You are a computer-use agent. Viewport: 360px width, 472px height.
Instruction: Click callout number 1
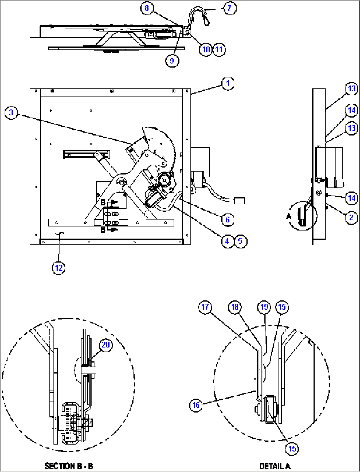pyautogui.click(x=228, y=83)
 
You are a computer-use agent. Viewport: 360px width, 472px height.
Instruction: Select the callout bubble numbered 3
pyautogui.click(x=11, y=113)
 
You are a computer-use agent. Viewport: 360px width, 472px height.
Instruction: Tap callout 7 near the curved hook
pyautogui.click(x=230, y=8)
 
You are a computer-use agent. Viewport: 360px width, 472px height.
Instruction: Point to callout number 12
pyautogui.click(x=59, y=268)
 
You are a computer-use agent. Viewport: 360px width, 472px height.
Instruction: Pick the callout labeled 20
pyautogui.click(x=106, y=345)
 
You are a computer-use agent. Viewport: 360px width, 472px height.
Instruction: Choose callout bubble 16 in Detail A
pyautogui.click(x=196, y=405)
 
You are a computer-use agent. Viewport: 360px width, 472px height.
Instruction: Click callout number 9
pyautogui.click(x=172, y=61)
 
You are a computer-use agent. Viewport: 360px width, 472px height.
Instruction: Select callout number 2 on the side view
pyautogui.click(x=351, y=217)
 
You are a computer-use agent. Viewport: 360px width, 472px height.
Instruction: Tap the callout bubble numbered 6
pyautogui.click(x=228, y=219)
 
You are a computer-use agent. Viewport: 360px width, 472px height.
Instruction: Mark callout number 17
pyautogui.click(x=205, y=307)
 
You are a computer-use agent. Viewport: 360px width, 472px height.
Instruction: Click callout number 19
pyautogui.click(x=264, y=307)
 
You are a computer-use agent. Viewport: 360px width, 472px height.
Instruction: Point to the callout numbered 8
pyautogui.click(x=147, y=8)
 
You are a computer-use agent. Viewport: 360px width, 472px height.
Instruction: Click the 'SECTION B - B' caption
pyautogui.click(x=69, y=466)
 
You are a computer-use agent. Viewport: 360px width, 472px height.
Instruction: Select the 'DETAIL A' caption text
pyautogui.click(x=274, y=466)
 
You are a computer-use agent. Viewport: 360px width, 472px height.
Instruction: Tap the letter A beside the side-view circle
pyautogui.click(x=289, y=216)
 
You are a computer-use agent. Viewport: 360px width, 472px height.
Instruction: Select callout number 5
pyautogui.click(x=240, y=241)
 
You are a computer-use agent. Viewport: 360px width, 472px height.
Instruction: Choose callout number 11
pyautogui.click(x=219, y=50)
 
